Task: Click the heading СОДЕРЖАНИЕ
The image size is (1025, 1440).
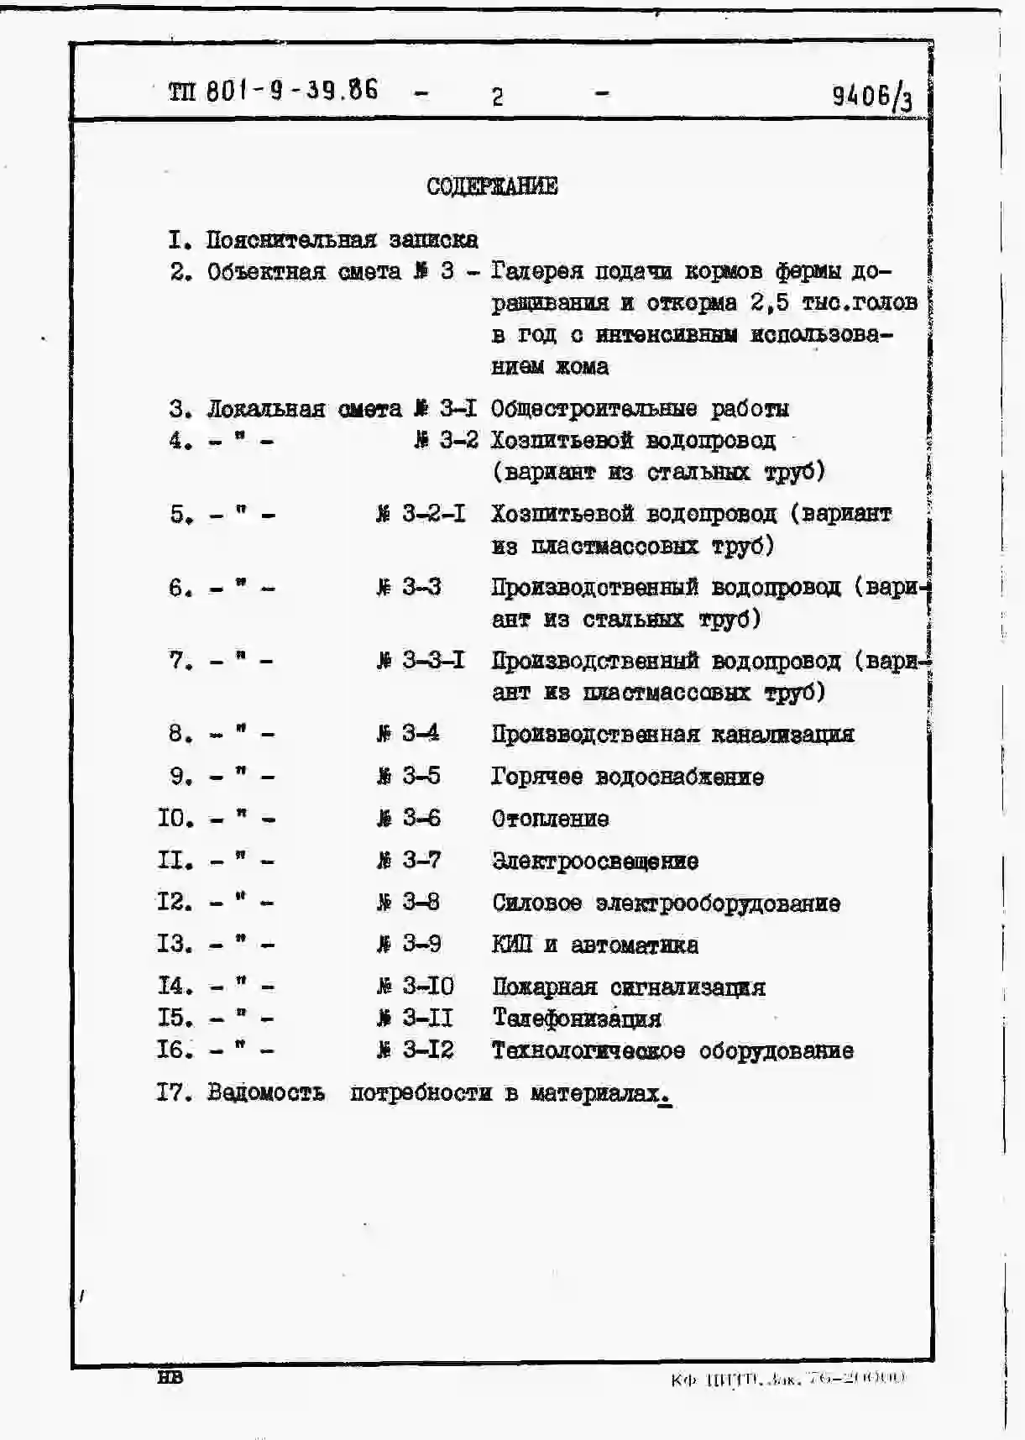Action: (492, 186)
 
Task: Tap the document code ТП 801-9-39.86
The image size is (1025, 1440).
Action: (274, 90)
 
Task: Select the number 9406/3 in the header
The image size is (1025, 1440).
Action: (871, 97)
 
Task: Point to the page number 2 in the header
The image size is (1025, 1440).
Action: (497, 97)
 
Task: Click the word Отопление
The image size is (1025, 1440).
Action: (551, 819)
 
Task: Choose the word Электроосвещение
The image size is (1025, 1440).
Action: (595, 861)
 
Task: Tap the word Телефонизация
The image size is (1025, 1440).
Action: (577, 1018)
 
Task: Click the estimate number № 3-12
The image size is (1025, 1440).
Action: (416, 1050)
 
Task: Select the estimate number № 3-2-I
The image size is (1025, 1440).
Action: (421, 514)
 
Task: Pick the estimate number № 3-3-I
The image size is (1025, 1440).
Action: (421, 661)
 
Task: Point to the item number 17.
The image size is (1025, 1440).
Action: (175, 1092)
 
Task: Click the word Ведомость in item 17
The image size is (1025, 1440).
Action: (266, 1092)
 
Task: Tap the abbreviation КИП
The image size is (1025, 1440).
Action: (512, 945)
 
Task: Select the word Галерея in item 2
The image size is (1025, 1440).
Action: (537, 271)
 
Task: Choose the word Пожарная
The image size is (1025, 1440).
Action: (545, 987)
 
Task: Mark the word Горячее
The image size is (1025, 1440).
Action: (537, 777)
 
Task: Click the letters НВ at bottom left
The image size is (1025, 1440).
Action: (170, 1377)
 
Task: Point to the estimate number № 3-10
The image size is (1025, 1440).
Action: (416, 986)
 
